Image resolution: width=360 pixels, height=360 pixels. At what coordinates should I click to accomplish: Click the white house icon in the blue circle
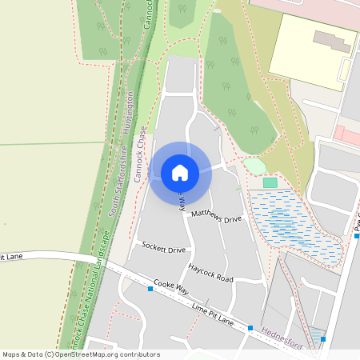click(x=180, y=173)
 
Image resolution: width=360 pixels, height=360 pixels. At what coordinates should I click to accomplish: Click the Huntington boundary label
click(x=130, y=112)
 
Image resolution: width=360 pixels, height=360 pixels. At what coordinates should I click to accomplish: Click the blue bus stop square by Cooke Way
click(x=150, y=289)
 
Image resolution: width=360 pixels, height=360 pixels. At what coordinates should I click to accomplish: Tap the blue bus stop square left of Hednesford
click(x=250, y=329)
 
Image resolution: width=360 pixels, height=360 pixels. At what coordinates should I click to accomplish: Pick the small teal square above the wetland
click(x=270, y=183)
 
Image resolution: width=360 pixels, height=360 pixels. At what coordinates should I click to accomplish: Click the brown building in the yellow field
click(x=331, y=42)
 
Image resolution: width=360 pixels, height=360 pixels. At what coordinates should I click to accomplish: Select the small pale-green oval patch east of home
click(x=254, y=166)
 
